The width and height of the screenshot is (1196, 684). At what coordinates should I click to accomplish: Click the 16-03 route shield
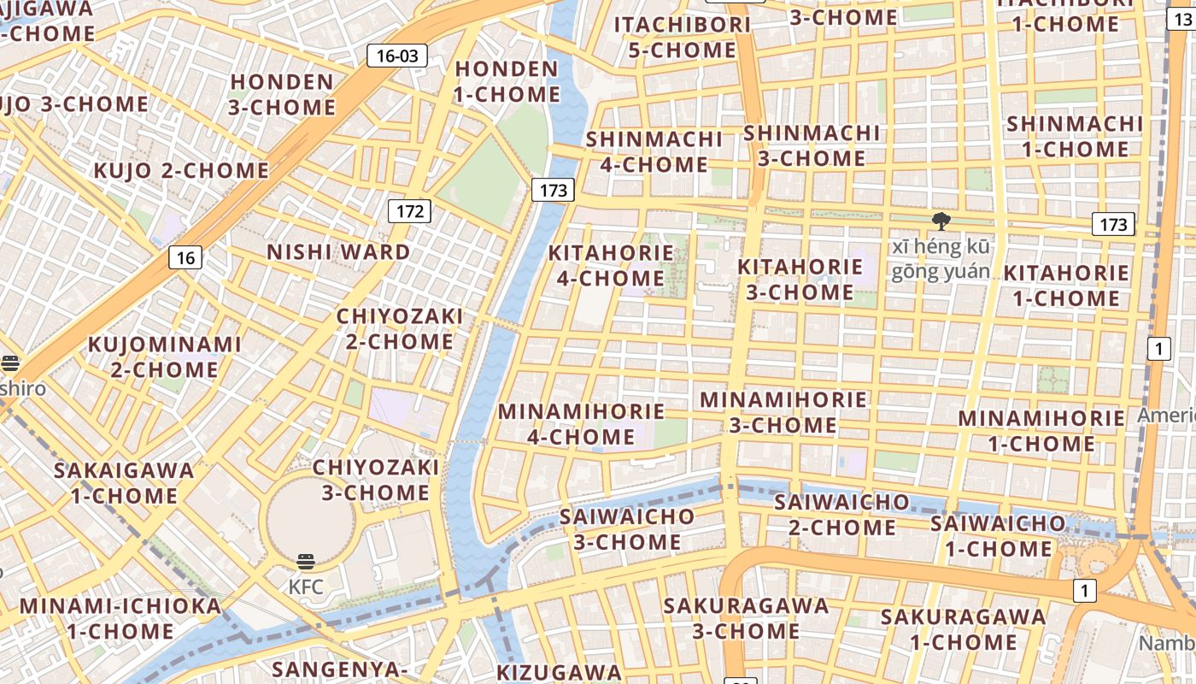tap(397, 56)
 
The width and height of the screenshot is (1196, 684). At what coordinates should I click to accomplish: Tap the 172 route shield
tap(410, 210)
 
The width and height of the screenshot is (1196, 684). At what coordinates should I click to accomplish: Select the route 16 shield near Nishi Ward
tap(185, 256)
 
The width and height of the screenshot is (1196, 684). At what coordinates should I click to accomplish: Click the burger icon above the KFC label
tap(306, 562)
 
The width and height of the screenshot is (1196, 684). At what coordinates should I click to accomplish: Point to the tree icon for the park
tap(941, 222)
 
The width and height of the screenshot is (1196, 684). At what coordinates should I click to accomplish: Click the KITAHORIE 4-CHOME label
tap(611, 265)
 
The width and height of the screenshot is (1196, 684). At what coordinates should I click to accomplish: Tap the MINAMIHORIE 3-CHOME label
tap(783, 412)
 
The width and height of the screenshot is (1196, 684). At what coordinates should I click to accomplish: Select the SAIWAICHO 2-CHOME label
tap(841, 515)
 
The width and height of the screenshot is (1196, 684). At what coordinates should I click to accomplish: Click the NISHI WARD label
tap(338, 252)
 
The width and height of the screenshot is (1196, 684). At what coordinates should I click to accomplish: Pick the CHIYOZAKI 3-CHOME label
tap(376, 480)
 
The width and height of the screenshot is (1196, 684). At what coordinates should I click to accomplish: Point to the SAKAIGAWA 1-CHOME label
tap(124, 483)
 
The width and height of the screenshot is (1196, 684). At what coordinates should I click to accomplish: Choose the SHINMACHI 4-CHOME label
tap(654, 151)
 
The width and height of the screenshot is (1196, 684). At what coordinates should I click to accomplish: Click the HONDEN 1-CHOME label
tap(507, 81)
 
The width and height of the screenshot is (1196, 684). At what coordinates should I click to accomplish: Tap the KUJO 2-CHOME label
tap(181, 170)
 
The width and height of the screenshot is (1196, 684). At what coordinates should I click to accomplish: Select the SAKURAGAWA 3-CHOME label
tap(746, 618)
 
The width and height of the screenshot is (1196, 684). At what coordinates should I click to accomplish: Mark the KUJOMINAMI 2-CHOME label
tap(165, 357)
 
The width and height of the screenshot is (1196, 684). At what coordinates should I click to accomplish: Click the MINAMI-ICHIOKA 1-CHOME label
tap(120, 618)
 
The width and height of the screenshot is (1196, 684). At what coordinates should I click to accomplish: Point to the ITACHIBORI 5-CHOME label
tap(683, 37)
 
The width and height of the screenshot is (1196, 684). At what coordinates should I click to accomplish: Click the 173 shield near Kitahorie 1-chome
tap(1113, 224)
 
